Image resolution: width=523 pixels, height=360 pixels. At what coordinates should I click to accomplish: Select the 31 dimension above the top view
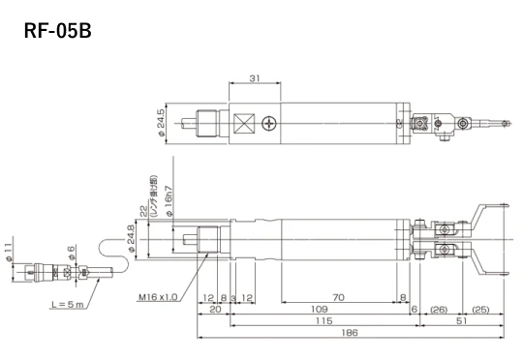coord(253,78)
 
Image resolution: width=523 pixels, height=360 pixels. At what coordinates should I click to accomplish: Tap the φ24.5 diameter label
coord(160,124)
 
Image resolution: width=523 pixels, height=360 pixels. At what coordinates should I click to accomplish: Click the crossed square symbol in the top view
coord(243,124)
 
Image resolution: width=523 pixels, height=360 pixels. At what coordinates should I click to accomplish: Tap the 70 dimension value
coord(339,296)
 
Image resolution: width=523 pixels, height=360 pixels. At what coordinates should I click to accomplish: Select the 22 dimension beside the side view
coord(142,212)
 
